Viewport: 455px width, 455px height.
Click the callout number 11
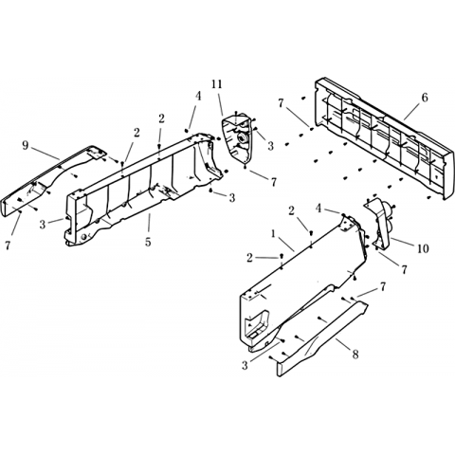217,84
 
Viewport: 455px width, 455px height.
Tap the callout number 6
425,98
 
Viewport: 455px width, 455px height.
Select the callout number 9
26,145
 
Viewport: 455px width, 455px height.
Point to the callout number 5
148,242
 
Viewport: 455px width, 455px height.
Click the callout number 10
423,248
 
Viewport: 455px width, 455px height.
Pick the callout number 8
355,355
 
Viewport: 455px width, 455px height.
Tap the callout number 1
273,234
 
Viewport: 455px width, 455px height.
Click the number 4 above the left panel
198,96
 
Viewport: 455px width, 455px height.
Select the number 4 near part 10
318,209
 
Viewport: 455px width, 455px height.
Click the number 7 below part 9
7,246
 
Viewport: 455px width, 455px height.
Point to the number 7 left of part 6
281,102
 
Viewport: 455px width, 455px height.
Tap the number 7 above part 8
383,287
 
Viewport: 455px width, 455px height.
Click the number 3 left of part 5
43,225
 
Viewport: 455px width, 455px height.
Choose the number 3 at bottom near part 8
245,366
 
